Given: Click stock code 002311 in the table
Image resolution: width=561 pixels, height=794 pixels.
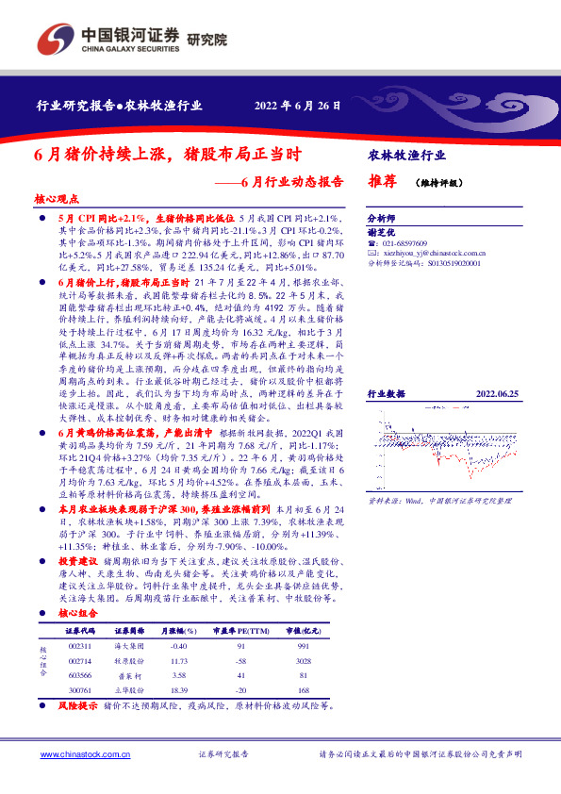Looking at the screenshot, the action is pos(79,645).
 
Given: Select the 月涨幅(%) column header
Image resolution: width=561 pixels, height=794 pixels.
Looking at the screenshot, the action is pos(175,629).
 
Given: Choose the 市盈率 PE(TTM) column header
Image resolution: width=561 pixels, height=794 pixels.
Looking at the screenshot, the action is pos(239,629).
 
